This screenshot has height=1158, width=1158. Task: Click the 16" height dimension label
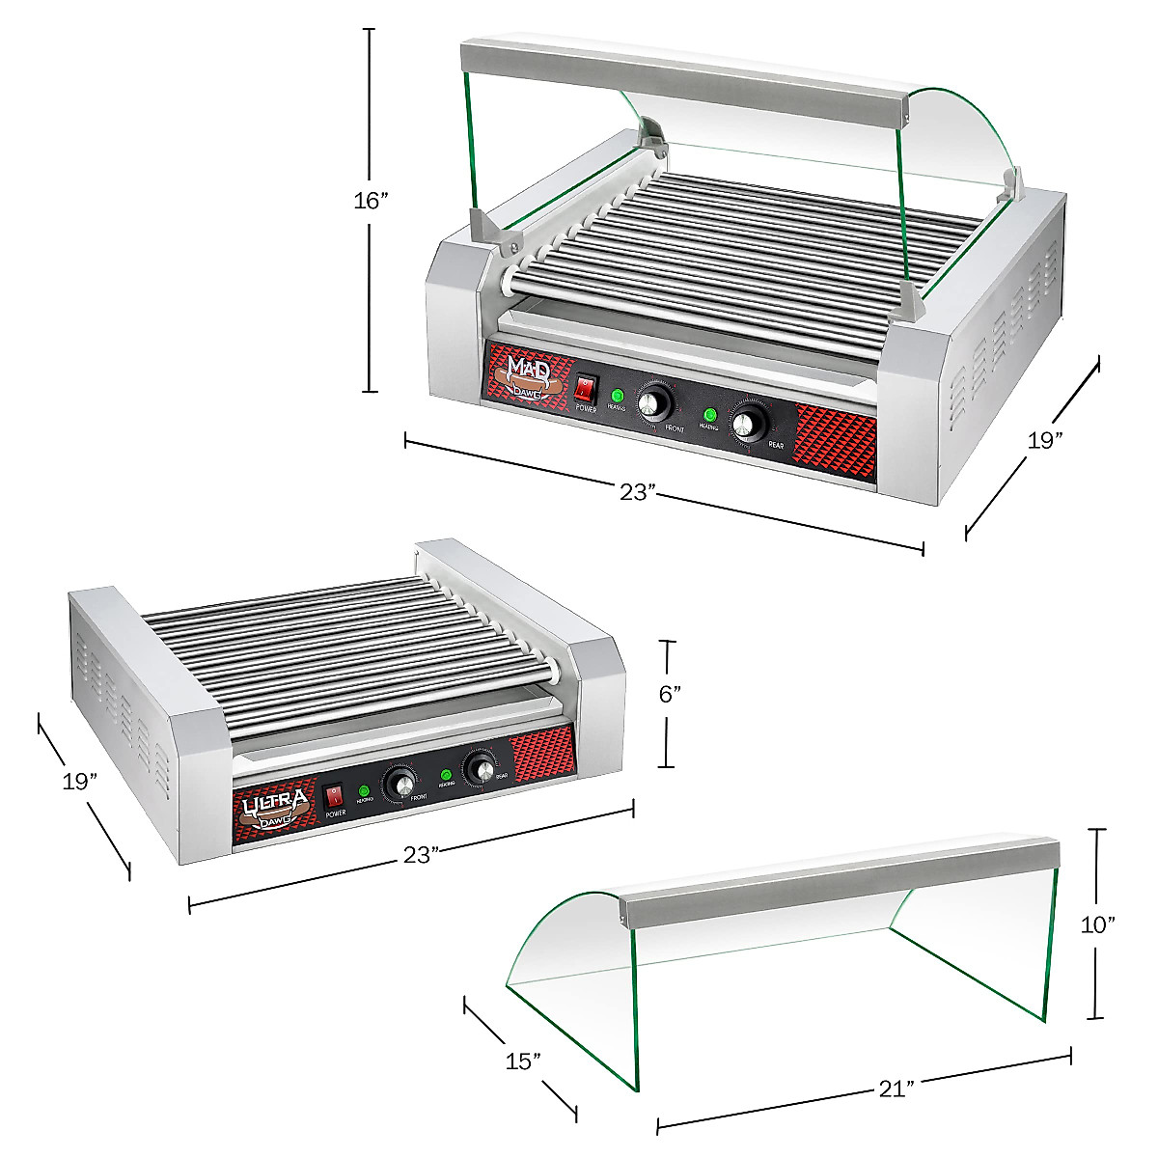[371, 201]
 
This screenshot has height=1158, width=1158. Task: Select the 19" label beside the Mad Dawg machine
[1044, 441]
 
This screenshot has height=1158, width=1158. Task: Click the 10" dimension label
[1097, 924]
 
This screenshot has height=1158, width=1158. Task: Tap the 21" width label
[896, 1089]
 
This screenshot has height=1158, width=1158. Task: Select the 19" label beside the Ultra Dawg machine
[80, 782]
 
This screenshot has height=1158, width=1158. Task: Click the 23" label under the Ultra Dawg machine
[422, 854]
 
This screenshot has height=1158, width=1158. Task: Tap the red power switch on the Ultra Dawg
[334, 797]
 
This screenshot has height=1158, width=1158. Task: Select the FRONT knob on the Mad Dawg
[655, 401]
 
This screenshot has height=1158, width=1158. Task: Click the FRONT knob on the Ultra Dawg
[399, 782]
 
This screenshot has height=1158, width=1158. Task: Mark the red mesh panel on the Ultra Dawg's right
[541, 753]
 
